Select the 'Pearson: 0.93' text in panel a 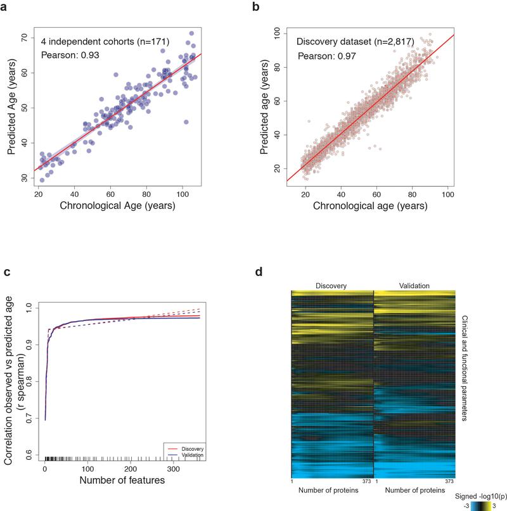pos(70,55)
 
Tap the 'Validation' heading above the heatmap pos(414,285)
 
